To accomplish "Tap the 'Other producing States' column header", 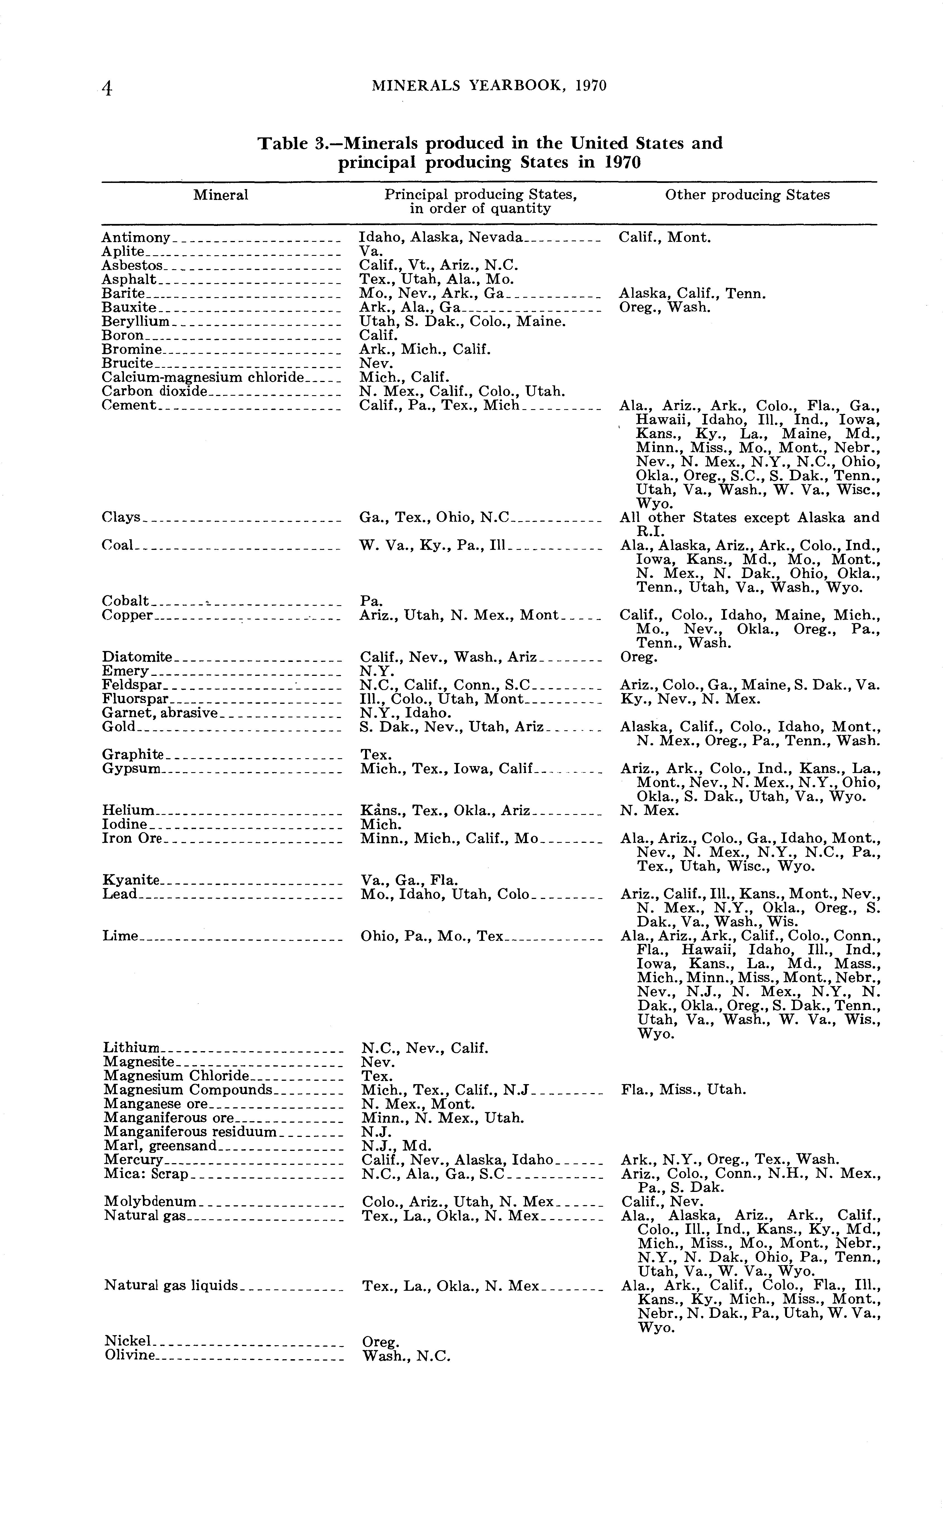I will coord(747,195).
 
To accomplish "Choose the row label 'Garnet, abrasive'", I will coord(160,713).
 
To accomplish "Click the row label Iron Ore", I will coord(132,838).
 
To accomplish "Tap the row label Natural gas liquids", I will coord(171,1285).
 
